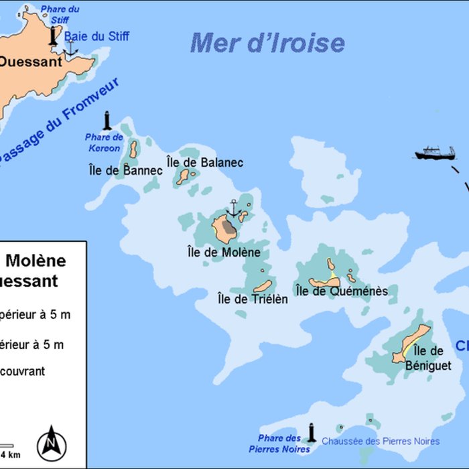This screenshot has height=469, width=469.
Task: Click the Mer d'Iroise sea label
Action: pyautogui.click(x=267, y=43)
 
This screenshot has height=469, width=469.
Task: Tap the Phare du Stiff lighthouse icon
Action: pyautogui.click(x=54, y=36)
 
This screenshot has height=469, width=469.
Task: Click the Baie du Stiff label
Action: pyautogui.click(x=96, y=36)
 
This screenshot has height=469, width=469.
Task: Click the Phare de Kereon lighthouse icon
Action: pyautogui.click(x=107, y=121)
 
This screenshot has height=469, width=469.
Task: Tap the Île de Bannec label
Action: pyautogui.click(x=125, y=170)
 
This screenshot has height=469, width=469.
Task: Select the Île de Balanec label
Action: pyautogui.click(x=204, y=162)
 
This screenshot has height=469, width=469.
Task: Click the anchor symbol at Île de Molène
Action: pyautogui.click(x=232, y=208)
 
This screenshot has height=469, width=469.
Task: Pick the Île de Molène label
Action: pyautogui.click(x=224, y=252)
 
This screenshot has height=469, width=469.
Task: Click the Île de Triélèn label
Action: pyautogui.click(x=253, y=299)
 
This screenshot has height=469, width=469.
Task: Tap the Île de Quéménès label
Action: pyautogui.click(x=342, y=291)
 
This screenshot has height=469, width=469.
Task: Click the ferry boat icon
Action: pyautogui.click(x=434, y=153)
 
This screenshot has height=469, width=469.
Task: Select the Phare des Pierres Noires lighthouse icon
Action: pyautogui.click(x=311, y=432)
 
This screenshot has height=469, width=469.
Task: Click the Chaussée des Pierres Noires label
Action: pyautogui.click(x=381, y=441)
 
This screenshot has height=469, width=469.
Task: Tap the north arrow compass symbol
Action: pyautogui.click(x=51, y=443)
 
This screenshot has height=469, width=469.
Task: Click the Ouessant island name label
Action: pyautogui.click(x=30, y=62)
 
